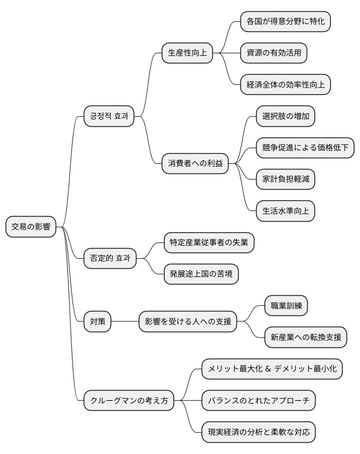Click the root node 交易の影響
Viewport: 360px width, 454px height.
tap(31, 227)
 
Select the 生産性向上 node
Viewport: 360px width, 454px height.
tap(188, 53)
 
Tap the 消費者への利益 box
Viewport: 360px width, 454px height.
tap(195, 164)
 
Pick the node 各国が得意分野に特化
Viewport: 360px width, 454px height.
tap(285, 21)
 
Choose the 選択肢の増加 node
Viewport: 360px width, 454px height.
tap(285, 116)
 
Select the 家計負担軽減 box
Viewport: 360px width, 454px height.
tap(285, 180)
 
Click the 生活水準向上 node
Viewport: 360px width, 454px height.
tap(285, 211)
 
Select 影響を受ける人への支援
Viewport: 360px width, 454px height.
tap(187, 322)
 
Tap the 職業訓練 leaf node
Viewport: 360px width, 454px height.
tap(286, 306)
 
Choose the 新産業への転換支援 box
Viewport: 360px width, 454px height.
tap(306, 338)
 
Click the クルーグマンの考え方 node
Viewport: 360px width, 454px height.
tap(129, 401)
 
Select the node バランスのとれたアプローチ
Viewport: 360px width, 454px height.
tap(258, 401)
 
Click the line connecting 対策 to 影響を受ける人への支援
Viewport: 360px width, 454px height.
tap(125, 322)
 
